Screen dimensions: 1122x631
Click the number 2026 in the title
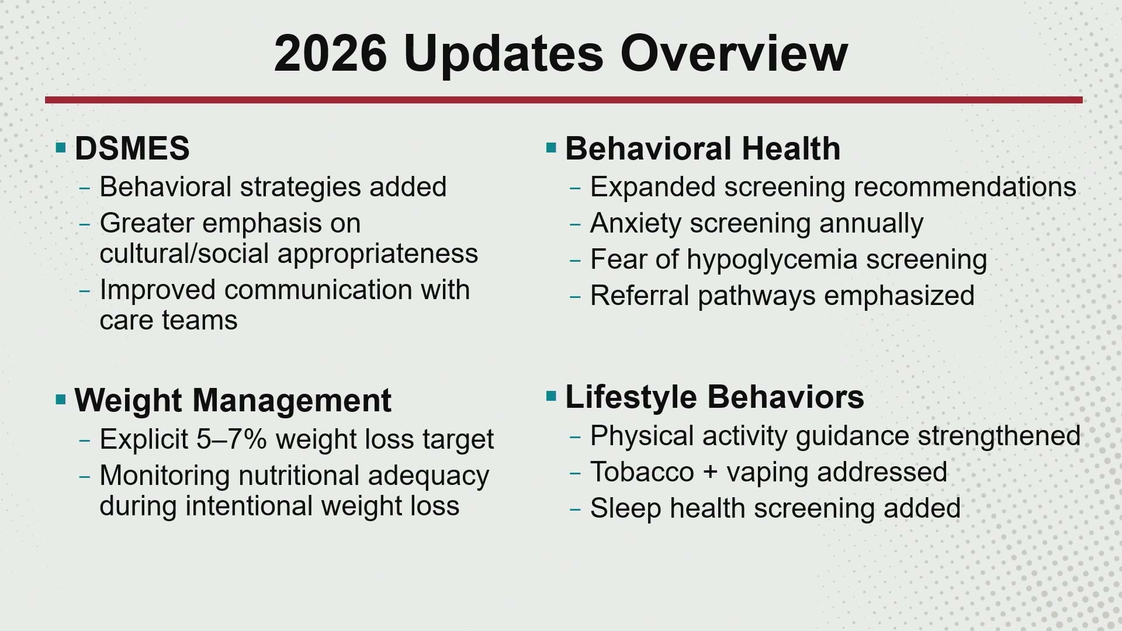(330, 53)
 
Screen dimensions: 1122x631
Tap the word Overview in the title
(734, 53)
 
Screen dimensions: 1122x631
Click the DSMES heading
(132, 148)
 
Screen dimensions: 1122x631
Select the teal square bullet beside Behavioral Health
(551, 147)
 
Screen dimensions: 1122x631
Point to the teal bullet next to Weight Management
(61, 400)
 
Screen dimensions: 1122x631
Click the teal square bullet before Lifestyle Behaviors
(551, 397)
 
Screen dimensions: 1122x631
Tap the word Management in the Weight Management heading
(292, 401)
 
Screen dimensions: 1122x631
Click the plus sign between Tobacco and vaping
(710, 472)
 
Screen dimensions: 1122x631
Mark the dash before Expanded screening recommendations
(575, 188)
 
